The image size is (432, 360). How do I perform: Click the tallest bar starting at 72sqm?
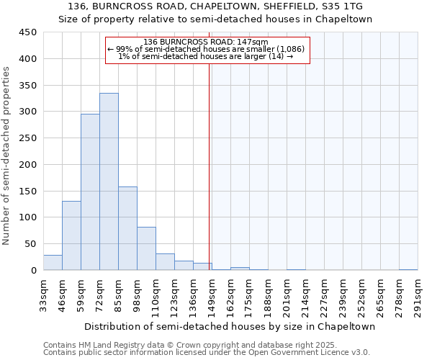(109, 181)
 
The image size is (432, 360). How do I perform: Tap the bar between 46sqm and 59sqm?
(71, 235)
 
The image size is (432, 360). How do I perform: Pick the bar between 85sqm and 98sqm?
(127, 228)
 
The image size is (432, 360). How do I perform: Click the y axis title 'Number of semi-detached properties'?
(7, 155)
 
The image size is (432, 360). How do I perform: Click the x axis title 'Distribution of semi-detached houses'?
(230, 326)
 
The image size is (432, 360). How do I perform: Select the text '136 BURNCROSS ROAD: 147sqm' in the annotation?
(206, 42)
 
